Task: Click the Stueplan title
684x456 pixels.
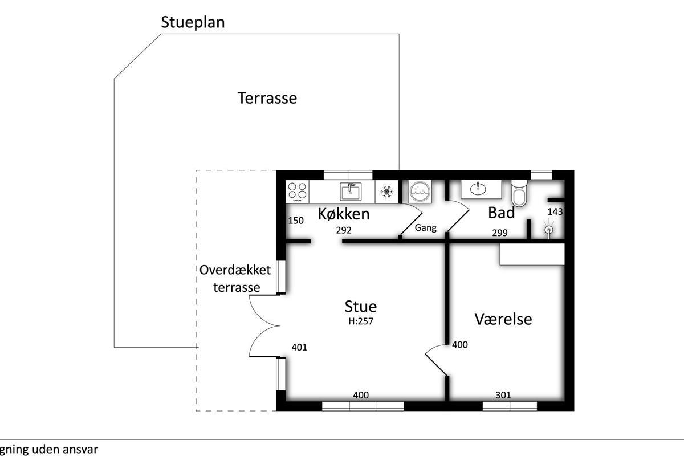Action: [x=193, y=22]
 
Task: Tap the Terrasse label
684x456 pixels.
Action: [x=267, y=98]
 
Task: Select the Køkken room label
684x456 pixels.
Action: [x=344, y=214]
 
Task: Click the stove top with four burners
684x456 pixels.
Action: [x=297, y=192]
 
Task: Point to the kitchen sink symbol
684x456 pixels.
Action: [x=351, y=191]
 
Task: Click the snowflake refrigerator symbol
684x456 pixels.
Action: [x=386, y=192]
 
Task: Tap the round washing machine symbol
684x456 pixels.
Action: [x=420, y=192]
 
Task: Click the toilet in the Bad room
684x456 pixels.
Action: [x=519, y=193]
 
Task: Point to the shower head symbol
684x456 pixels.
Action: [x=549, y=229]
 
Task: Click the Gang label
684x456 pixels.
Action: [x=425, y=228]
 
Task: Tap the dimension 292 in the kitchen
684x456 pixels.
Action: [x=344, y=230]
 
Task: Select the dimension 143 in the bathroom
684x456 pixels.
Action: [x=555, y=211]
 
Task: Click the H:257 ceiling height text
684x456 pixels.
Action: [x=361, y=321]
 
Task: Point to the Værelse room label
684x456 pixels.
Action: [x=503, y=319]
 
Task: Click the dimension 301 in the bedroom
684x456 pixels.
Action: [x=503, y=395]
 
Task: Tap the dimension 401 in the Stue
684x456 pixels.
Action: [x=299, y=347]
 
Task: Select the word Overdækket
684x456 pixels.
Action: [x=235, y=270]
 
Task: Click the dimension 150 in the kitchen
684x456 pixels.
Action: [x=296, y=221]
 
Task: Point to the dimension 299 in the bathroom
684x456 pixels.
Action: [x=500, y=233]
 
